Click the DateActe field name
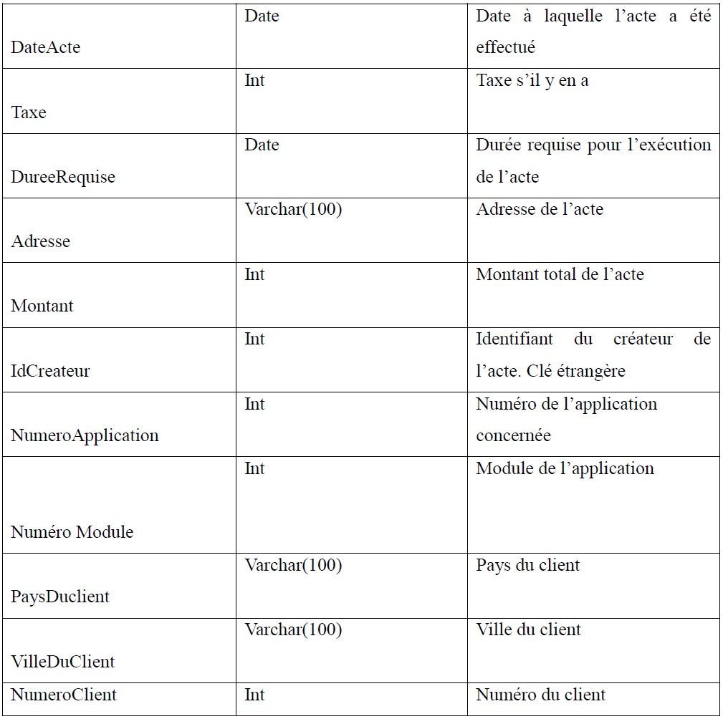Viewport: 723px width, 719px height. click(46, 48)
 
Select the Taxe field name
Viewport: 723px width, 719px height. click(29, 112)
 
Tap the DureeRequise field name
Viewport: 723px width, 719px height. click(63, 177)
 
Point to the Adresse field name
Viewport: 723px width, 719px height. click(41, 241)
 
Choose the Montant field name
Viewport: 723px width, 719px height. click(42, 306)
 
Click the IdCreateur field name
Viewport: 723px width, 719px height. click(51, 371)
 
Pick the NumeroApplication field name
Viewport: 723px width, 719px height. click(85, 435)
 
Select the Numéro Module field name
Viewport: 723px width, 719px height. click(72, 532)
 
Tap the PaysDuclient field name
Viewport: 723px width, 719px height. click(60, 597)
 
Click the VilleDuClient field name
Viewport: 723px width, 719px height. click(63, 662)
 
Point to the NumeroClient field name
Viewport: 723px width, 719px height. click(64, 694)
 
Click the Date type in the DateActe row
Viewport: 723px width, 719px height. click(262, 16)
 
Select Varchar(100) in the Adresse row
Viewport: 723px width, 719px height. click(293, 209)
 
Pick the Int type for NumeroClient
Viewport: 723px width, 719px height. click(254, 694)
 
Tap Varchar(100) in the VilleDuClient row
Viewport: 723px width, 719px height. click(293, 629)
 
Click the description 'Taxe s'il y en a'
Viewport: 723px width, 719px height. click(532, 80)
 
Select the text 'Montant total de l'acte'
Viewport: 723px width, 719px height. click(560, 274)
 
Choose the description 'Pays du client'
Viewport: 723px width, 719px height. click(528, 565)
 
